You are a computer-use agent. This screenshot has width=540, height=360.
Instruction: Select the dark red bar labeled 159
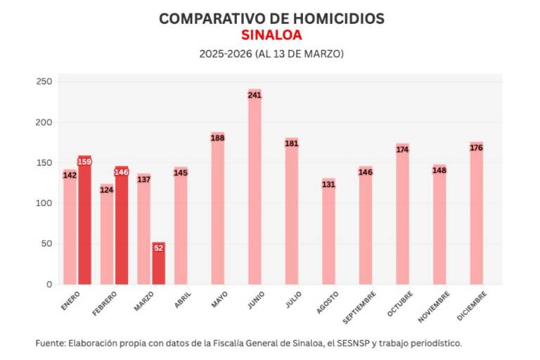click(x=84, y=219)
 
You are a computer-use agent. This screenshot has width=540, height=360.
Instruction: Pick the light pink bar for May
click(x=218, y=208)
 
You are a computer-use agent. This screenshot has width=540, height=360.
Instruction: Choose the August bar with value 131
click(x=328, y=231)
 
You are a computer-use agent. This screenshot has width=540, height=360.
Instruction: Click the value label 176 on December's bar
click(x=477, y=148)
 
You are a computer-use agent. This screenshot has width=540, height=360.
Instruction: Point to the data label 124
click(x=107, y=190)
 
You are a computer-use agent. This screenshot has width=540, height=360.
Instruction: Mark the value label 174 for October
click(x=402, y=150)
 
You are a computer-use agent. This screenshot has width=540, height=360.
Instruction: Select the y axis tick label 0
click(x=49, y=284)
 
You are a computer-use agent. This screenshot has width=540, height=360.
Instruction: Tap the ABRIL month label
click(x=181, y=300)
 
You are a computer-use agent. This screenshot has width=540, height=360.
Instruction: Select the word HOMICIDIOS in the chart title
click(x=335, y=19)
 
